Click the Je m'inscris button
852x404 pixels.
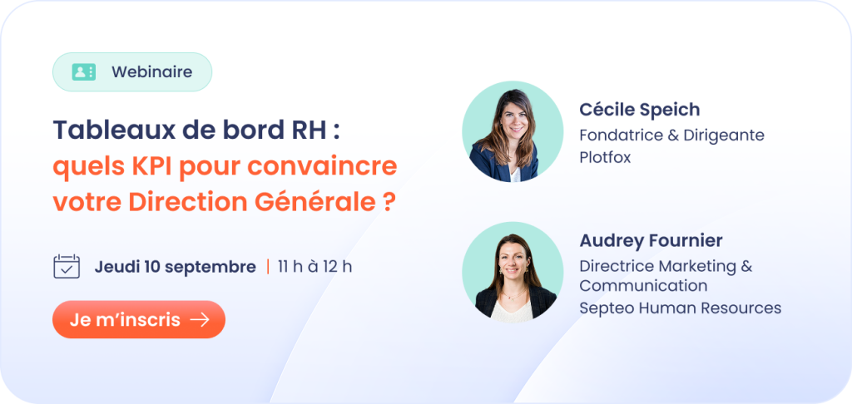click(139, 319)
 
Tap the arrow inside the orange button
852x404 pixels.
click(200, 320)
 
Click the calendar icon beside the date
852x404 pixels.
click(67, 267)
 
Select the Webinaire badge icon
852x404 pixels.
click(84, 71)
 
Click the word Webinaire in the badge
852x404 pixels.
click(151, 71)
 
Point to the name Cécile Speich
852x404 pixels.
click(640, 110)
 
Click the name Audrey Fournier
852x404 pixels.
click(651, 240)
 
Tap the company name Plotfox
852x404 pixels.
click(605, 156)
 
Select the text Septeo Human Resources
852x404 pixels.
click(681, 308)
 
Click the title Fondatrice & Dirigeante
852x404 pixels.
click(671, 135)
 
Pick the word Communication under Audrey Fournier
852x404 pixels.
click(643, 286)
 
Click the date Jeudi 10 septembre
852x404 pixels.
click(175, 267)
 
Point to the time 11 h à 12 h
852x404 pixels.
click(315, 267)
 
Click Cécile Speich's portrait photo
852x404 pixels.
click(513, 131)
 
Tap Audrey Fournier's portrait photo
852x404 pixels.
click(513, 272)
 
